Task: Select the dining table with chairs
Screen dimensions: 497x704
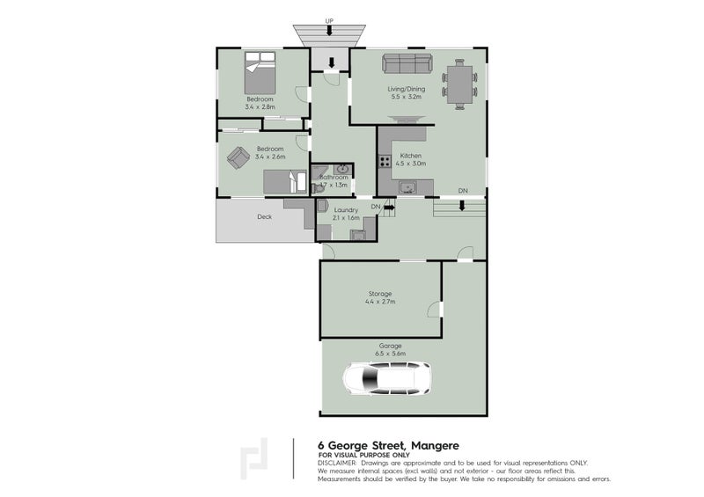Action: coord(459,84)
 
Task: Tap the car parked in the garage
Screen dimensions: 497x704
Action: coord(386,379)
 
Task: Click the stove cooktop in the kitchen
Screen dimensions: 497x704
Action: coord(384,161)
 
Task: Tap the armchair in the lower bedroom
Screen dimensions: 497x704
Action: coord(238,157)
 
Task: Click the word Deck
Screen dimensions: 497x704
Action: coord(264,216)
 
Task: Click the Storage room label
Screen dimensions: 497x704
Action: coord(380,293)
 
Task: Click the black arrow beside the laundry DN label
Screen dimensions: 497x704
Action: coord(388,207)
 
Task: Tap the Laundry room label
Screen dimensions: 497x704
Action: coord(345,209)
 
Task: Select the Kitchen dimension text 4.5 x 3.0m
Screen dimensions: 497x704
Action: coord(411,164)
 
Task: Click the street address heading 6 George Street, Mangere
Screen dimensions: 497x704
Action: coord(387,445)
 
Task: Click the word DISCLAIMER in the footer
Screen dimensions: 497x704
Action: coord(337,462)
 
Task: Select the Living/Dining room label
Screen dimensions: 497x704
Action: coord(406,89)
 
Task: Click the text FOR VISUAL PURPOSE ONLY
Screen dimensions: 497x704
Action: coord(358,455)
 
